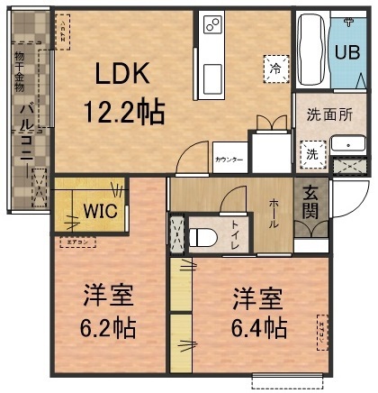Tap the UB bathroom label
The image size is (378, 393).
click(x=346, y=53)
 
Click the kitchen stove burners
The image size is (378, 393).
click(x=212, y=25)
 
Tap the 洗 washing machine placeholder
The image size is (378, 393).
click(x=311, y=153)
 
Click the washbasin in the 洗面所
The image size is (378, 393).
click(x=346, y=143)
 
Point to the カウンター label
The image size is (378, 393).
click(x=229, y=160)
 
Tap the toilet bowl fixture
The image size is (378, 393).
click(x=203, y=237)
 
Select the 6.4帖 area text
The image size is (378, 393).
click(x=258, y=325)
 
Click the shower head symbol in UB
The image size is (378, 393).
click(x=346, y=23)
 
